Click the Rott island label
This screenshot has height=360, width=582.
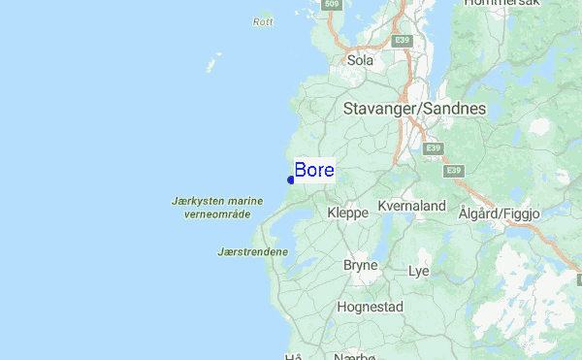coord(263,21)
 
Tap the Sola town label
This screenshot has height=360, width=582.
coord(360,60)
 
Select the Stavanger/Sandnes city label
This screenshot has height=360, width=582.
coord(414,109)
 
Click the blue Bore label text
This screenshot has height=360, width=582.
coord(314,171)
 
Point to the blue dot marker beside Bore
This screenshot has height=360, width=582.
coord(291,179)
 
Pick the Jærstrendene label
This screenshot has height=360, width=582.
coord(252,252)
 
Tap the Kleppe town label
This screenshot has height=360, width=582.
coord(347,212)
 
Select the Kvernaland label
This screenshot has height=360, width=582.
coord(411,207)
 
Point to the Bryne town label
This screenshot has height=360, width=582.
coord(360,264)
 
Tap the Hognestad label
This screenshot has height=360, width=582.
coord(370,307)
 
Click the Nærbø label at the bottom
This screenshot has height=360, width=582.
coord(354,355)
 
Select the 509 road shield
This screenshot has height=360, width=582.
coord(333,5)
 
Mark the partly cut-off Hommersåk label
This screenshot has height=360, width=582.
coord(501,4)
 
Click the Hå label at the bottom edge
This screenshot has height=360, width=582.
coord(294,356)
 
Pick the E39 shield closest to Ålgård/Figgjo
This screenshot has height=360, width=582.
coord(453,171)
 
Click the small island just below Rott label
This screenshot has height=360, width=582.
coord(210,65)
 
